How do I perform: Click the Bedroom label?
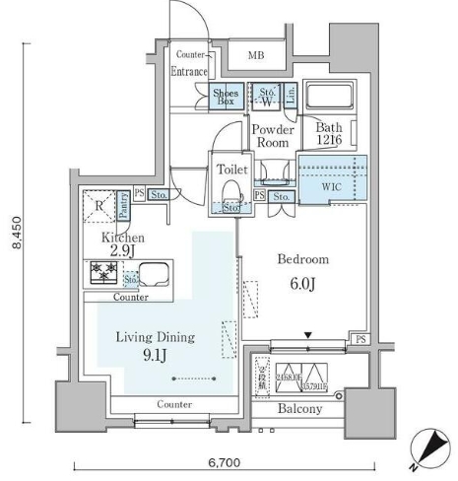pos(302,260)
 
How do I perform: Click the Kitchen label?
pos(124,239)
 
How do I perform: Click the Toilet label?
pos(232,169)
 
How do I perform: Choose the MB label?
pos(256,54)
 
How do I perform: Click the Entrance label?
pos(188,72)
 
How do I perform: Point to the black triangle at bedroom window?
pos(309,337)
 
